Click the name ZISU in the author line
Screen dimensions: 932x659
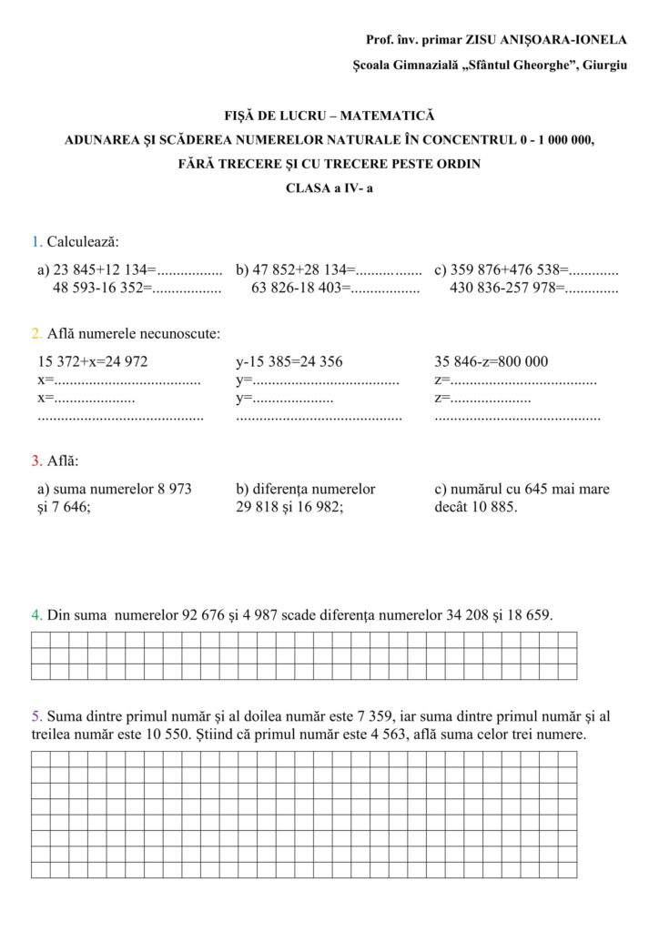pos(482,40)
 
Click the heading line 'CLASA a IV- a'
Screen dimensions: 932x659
pos(329,188)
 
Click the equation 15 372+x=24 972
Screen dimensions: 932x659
pos(92,361)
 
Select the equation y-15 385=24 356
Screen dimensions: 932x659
pos(289,361)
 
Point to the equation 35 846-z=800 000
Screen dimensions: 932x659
pos(492,361)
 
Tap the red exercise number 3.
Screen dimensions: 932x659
pos(35,461)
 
